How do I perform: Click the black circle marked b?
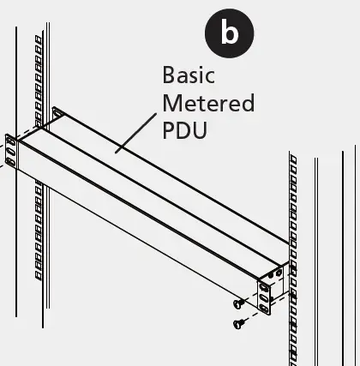point(229,33)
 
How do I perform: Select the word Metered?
point(208,103)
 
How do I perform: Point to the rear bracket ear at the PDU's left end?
point(57,113)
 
